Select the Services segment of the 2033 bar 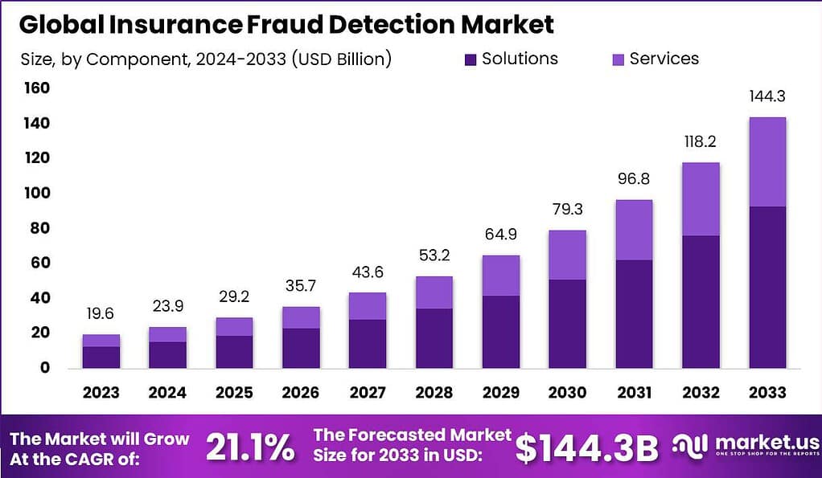tap(767, 161)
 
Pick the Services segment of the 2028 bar tap(434, 292)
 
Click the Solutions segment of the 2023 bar tap(101, 357)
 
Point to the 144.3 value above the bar tap(767, 96)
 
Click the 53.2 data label tap(434, 256)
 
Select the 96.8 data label tap(633, 179)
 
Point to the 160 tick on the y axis tap(36, 88)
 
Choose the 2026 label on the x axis tap(300, 393)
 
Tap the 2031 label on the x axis tap(633, 393)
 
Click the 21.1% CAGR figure tap(250, 447)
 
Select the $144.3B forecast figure tap(586, 447)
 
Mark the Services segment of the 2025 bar tap(234, 326)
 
